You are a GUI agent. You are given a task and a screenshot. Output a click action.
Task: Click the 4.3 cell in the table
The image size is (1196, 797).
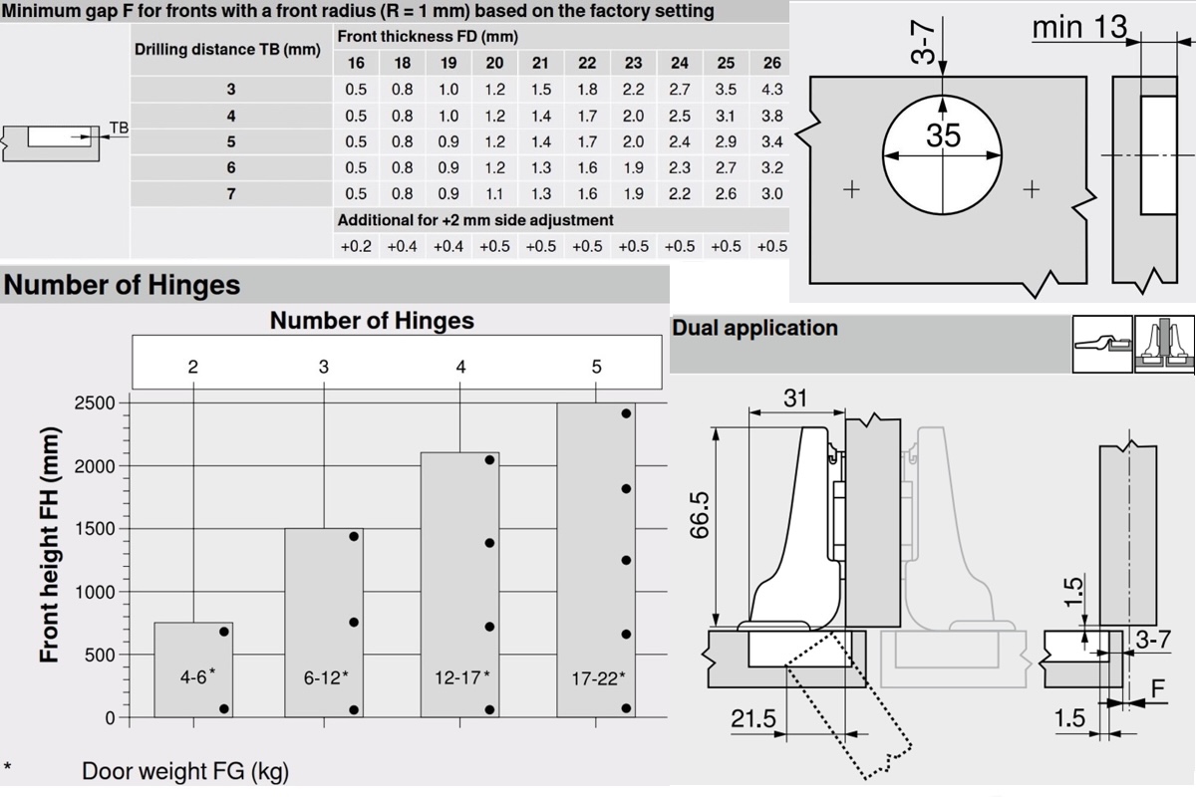point(772,89)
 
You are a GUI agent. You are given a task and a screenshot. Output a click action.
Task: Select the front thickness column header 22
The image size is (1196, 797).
point(587,63)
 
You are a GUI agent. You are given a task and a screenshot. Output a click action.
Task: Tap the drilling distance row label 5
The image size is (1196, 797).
point(230,141)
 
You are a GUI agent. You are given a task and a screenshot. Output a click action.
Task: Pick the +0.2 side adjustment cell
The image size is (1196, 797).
point(356,246)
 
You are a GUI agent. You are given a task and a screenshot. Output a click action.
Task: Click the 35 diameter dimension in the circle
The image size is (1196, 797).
point(944,135)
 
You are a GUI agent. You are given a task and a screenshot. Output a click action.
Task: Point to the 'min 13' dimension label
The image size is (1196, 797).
point(1079,27)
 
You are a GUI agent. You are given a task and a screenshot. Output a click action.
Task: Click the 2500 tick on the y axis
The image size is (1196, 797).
point(95,403)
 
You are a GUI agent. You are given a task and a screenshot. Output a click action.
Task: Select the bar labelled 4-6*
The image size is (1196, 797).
point(193,669)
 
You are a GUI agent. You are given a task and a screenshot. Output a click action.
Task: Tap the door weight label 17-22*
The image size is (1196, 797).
point(598,678)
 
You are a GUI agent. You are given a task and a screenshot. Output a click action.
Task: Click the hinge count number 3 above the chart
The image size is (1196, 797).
point(324,367)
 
